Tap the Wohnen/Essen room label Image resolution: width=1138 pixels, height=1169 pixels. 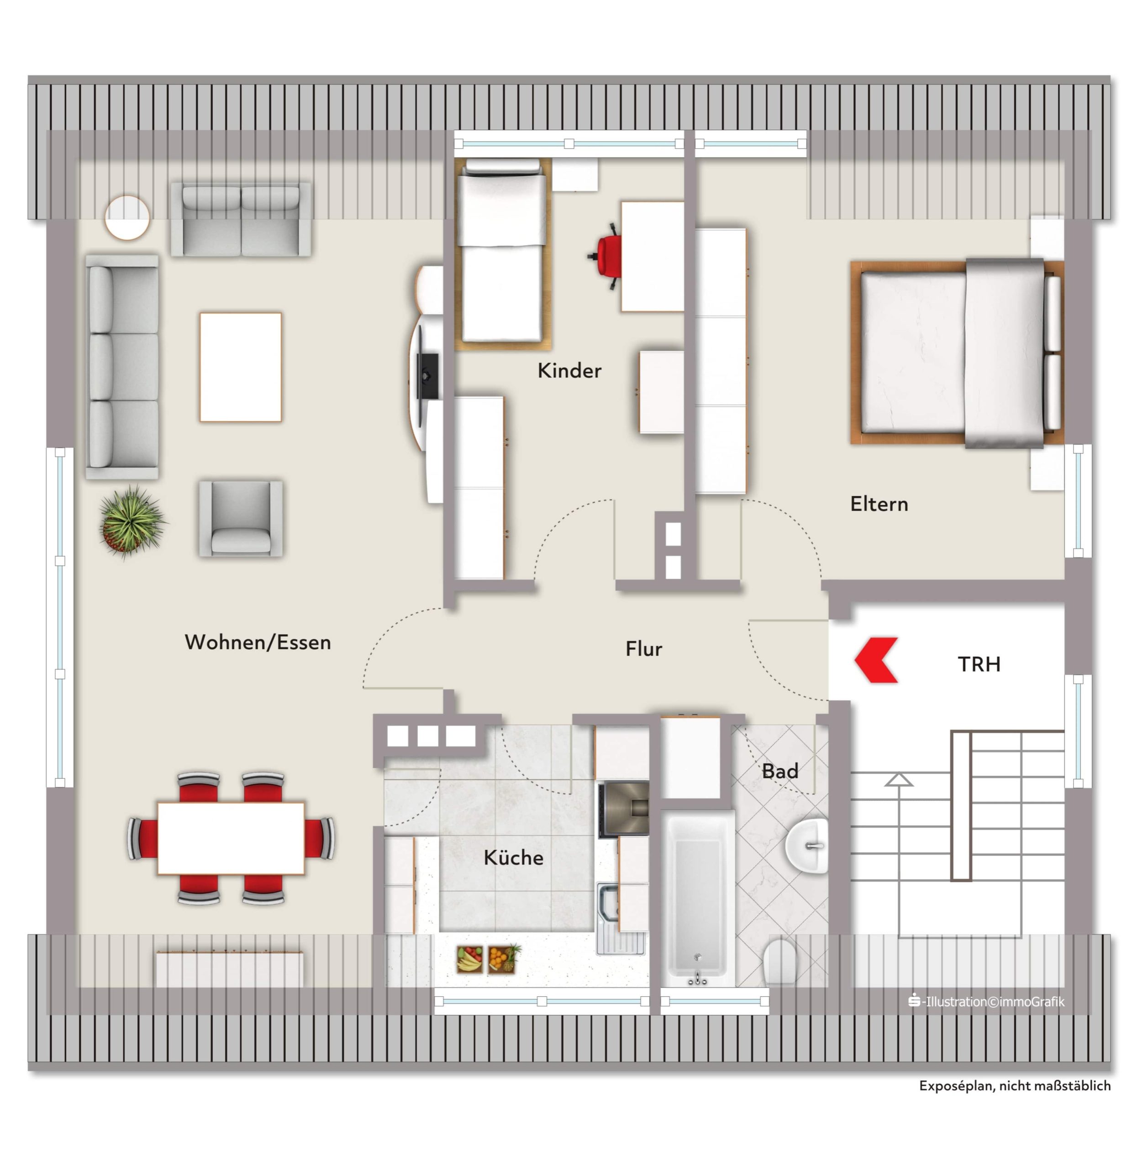[258, 642]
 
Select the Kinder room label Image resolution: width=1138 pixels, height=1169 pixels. [569, 370]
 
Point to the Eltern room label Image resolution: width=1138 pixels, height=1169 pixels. [879, 504]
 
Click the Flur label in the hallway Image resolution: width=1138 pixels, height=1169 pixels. [644, 648]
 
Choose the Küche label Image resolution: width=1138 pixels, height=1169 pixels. [513, 857]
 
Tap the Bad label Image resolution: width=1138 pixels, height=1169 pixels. [780, 771]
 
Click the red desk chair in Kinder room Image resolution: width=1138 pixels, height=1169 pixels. [605, 256]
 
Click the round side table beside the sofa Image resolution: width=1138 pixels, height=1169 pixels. [127, 217]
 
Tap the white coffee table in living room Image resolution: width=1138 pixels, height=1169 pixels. [240, 367]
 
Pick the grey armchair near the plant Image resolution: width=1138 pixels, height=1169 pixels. [241, 518]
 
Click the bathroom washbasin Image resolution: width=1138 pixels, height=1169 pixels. [807, 846]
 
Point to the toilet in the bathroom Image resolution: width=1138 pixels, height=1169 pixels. [780, 962]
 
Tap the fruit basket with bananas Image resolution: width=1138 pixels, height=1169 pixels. [470, 959]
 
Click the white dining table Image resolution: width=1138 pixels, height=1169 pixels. [231, 838]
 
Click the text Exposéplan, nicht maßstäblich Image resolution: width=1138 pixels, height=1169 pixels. [1015, 1085]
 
